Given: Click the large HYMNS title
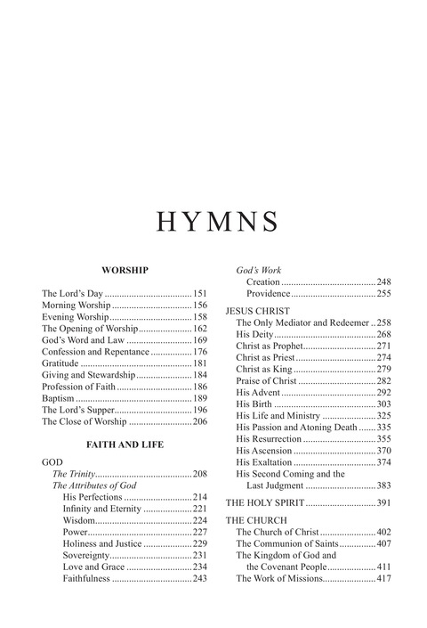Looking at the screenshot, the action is [x=213, y=221].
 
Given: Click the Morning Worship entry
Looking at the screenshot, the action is [x=77, y=306].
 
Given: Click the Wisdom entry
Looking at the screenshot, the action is [x=78, y=520].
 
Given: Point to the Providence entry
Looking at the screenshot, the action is [x=269, y=292].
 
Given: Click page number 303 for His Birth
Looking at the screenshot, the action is [x=384, y=404].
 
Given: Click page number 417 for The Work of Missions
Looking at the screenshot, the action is [x=384, y=578].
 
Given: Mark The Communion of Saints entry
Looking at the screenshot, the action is [x=287, y=543].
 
